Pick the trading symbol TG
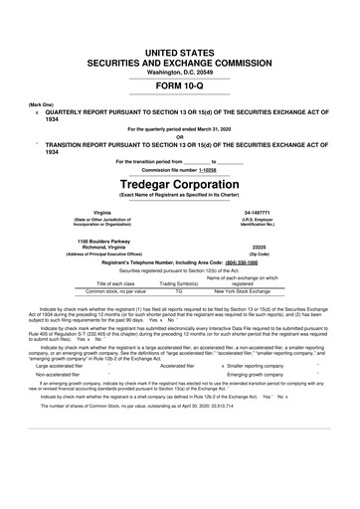179,291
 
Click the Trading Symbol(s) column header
179,283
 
